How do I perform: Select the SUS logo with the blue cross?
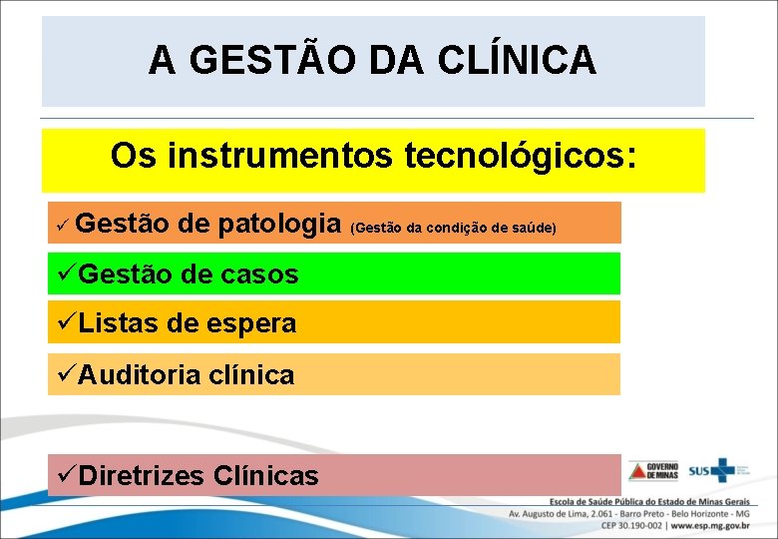pyautogui.click(x=709, y=470)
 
